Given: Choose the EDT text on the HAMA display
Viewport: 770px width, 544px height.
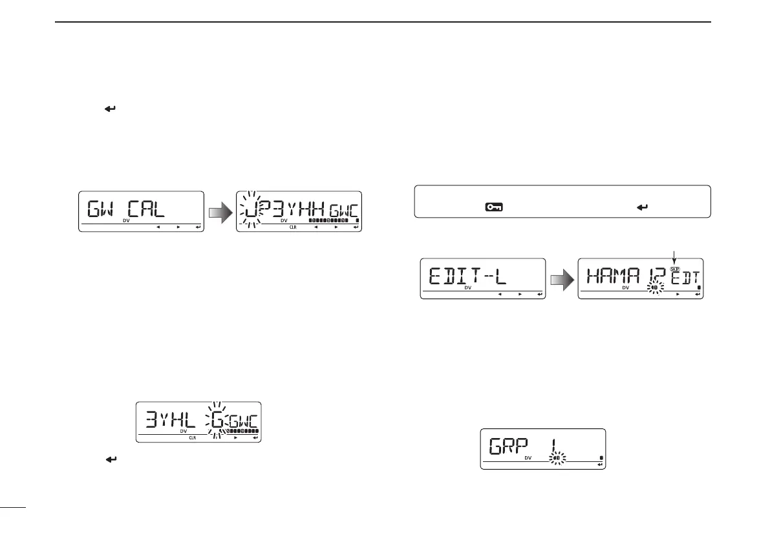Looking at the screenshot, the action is tap(685, 279).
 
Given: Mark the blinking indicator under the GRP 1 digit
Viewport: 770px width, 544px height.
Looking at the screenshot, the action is tap(556, 459).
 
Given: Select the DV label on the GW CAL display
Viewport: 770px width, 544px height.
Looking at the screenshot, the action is tap(127, 221).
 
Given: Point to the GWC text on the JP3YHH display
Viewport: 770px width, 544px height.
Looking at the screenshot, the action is tap(343, 209).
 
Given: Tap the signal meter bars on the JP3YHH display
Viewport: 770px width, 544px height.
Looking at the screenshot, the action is tap(330, 220).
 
